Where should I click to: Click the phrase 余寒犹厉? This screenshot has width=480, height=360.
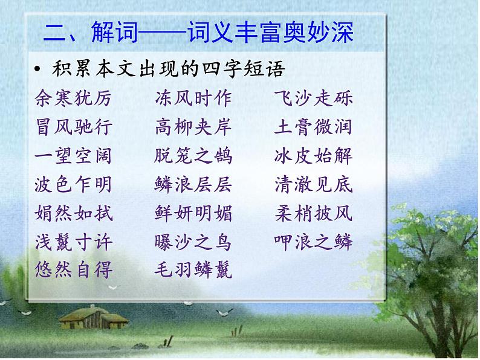(74, 98)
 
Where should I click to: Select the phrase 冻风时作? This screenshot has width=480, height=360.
(193, 98)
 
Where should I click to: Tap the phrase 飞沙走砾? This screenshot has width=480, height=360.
(313, 98)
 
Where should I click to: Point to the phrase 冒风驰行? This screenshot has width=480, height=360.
(74, 127)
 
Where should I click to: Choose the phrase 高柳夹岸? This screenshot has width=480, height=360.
(193, 127)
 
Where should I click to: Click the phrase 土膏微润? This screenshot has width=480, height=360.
(313, 127)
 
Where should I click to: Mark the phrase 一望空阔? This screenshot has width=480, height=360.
(74, 156)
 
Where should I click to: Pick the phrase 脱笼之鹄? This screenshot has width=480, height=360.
(193, 156)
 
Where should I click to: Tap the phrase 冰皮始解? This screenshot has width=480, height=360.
(313, 156)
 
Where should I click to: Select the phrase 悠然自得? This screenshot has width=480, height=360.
(74, 270)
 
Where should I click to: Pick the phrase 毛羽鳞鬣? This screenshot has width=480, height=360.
(193, 270)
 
